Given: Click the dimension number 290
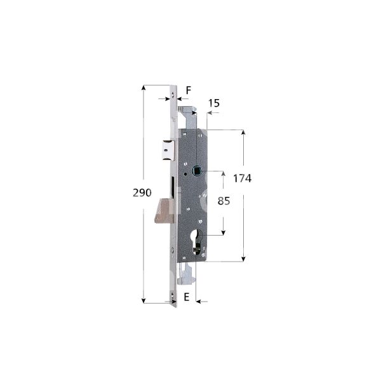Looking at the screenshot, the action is click(142, 192).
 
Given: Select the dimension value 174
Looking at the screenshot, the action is click(243, 178).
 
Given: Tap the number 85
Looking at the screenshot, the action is click(224, 201).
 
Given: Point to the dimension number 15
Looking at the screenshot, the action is click(214, 103).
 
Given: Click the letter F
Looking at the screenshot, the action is click(189, 90).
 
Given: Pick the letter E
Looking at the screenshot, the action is click(186, 297).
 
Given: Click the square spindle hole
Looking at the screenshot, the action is click(196, 171).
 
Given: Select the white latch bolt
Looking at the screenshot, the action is click(169, 150).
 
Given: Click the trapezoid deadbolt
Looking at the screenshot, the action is click(164, 210).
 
